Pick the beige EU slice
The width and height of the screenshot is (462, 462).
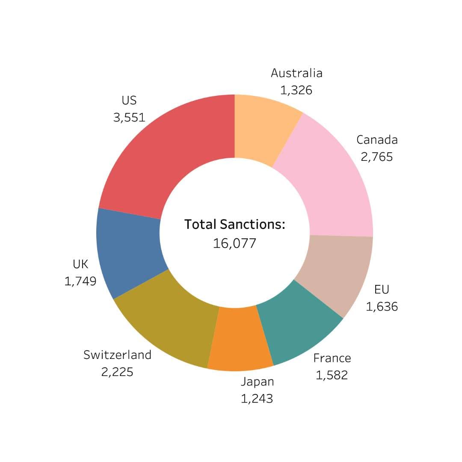(x=338, y=274)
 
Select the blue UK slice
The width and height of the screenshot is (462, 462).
(x=128, y=252)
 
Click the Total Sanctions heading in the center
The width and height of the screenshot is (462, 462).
(x=234, y=224)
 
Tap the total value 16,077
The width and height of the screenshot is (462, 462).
(x=234, y=243)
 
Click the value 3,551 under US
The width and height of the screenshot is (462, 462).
(x=129, y=117)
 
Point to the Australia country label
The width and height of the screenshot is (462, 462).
(x=296, y=73)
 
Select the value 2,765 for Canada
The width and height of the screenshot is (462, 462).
(x=376, y=157)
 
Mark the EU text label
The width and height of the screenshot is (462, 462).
(x=382, y=290)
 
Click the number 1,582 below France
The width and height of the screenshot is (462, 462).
(x=332, y=375)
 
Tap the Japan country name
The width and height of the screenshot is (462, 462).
(x=257, y=382)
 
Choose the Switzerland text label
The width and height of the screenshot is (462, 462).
(x=117, y=355)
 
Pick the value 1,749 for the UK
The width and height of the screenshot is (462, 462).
(x=80, y=281)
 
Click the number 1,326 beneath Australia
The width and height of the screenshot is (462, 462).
(x=296, y=90)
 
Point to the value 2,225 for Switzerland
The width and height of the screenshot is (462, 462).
(x=117, y=372)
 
